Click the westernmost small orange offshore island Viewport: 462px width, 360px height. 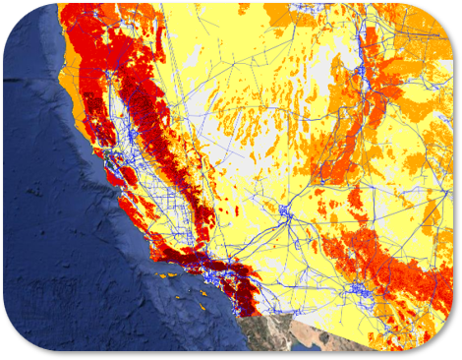[x=158, y=278]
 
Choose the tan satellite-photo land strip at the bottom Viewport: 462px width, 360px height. [x=295, y=334]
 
